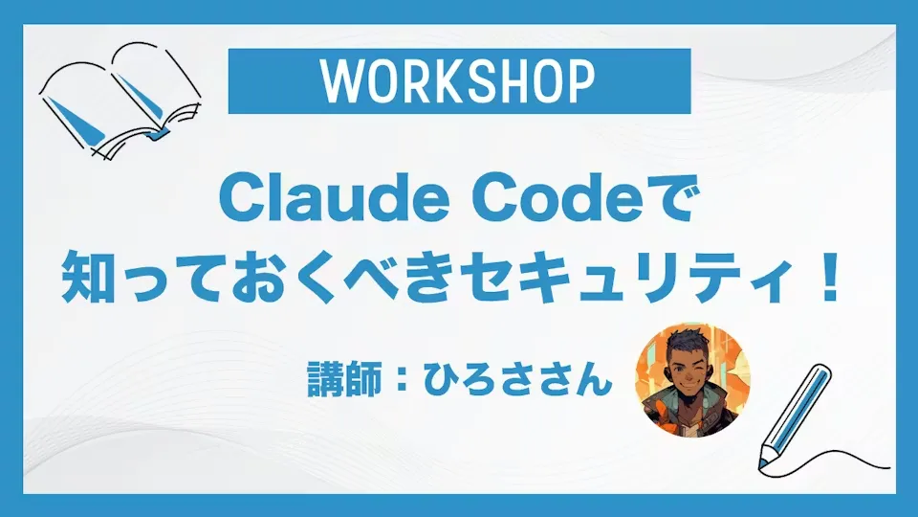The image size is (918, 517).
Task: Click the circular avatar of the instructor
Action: pyautogui.click(x=692, y=380)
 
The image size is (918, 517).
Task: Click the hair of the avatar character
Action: pyautogui.click(x=690, y=343)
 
